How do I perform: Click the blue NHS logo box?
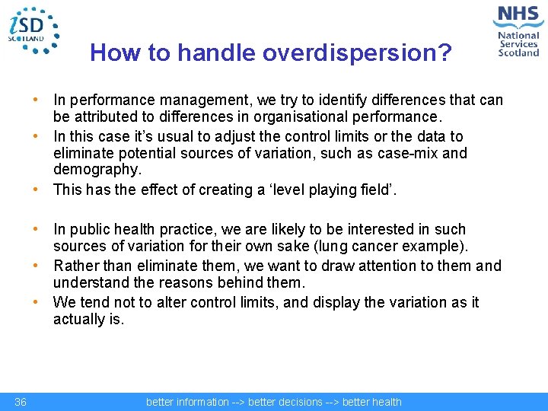(518, 16)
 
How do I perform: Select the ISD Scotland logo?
(33, 30)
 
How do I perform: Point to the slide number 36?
(21, 402)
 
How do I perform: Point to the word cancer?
(399, 246)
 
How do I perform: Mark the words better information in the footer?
(187, 402)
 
